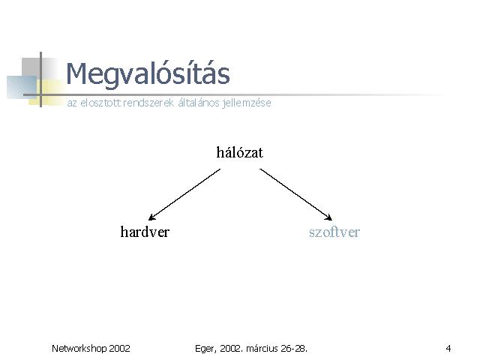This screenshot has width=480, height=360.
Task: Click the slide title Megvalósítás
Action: coord(148,74)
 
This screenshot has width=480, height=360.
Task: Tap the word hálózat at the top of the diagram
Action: coord(239,152)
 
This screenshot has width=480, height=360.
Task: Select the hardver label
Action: coord(145,232)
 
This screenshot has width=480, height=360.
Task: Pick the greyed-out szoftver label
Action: coord(334,232)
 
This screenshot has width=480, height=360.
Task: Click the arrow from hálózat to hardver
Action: coord(184,194)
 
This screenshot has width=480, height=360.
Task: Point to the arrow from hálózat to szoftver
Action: coord(295,194)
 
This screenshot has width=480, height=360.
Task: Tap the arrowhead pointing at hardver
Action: coord(151,217)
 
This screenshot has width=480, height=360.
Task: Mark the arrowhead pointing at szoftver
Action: coord(328,217)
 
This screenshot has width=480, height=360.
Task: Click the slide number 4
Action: coord(448,348)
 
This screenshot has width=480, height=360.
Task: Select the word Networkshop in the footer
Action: coord(79,348)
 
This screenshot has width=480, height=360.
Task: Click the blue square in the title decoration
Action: coord(22,87)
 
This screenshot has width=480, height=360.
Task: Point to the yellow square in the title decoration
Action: coord(46,92)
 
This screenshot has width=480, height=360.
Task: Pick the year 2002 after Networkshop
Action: coord(120,348)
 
